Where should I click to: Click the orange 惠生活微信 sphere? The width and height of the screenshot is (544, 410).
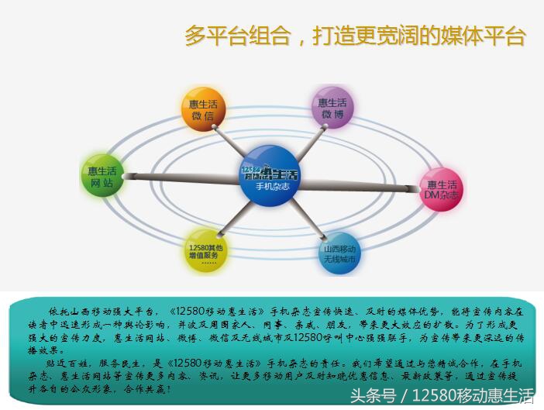(x=203, y=109)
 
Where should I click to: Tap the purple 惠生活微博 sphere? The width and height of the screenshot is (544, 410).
(x=333, y=108)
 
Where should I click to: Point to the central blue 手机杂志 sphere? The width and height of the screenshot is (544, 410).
(x=269, y=177)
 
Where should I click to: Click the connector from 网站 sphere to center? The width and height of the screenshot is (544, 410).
(x=178, y=177)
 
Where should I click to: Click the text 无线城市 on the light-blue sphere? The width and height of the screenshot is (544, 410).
(x=340, y=261)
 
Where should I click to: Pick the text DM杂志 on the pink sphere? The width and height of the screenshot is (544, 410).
(x=442, y=196)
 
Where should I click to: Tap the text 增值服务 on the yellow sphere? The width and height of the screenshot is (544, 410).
(x=207, y=254)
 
